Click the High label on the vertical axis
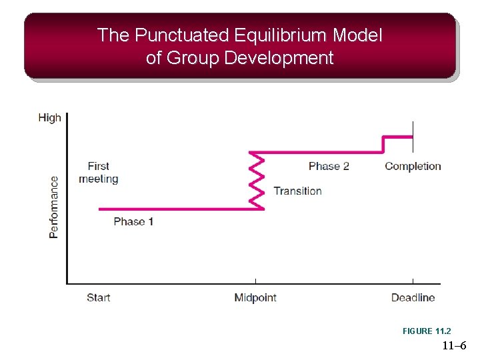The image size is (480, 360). [x=49, y=118]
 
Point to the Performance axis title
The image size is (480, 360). [x=53, y=207]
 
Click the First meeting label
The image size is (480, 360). [x=98, y=173]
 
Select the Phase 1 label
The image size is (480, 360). [x=133, y=221]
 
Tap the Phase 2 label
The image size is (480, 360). [x=329, y=166]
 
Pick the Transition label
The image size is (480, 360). [x=297, y=191]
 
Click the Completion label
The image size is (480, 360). [x=413, y=166]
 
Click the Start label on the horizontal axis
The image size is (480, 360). [x=98, y=297]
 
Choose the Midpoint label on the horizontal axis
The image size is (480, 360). [x=255, y=297]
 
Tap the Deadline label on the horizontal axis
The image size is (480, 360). [x=413, y=297]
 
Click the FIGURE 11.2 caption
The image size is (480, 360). [x=427, y=331]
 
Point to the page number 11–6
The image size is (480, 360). [x=454, y=346]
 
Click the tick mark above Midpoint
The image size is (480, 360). [x=256, y=281]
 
